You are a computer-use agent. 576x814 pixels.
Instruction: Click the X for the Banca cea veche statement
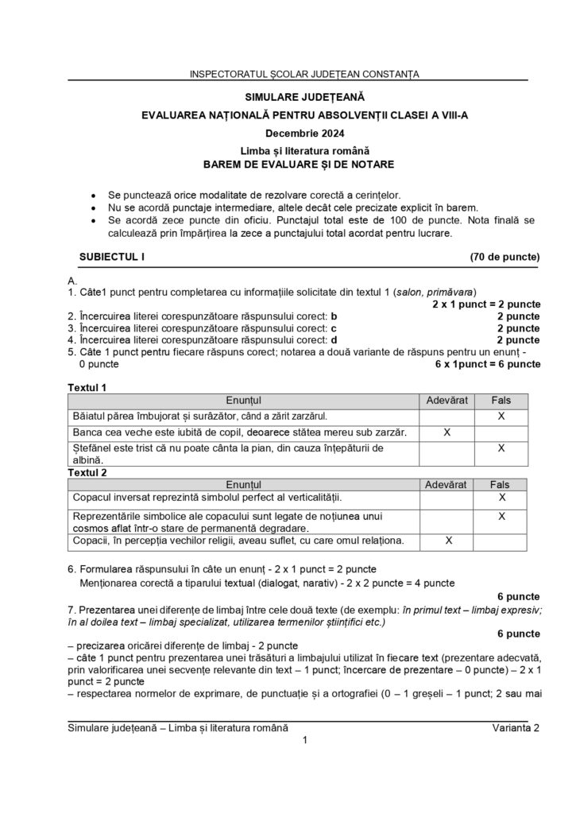446,432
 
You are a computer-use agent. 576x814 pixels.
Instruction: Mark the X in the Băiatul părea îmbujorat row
501,416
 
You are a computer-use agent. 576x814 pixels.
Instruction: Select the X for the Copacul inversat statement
501,498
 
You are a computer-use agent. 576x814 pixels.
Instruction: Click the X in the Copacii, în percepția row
448,541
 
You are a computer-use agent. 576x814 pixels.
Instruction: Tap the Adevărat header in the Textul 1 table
446,400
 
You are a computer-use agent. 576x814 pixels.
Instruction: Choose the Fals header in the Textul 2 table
501,483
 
